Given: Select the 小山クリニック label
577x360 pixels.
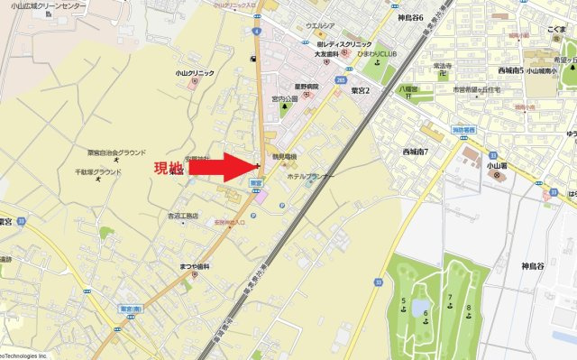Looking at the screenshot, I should [194, 72].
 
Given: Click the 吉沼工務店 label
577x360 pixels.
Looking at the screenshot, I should [182, 216].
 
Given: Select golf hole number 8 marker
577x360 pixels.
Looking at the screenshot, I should [468, 308].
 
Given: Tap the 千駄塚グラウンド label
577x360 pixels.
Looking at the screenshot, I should [98, 171].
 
